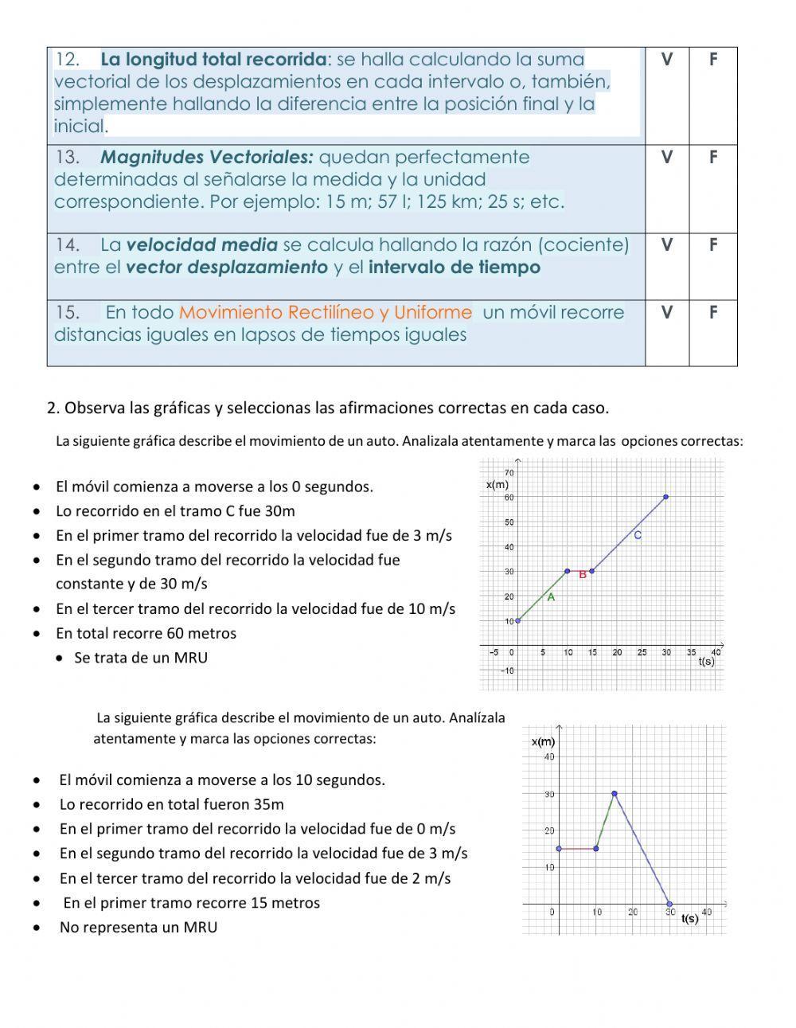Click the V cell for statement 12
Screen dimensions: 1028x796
pyautogui.click(x=666, y=60)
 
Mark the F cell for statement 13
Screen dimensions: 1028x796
pyautogui.click(x=712, y=158)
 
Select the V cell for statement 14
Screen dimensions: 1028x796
pyautogui.click(x=666, y=245)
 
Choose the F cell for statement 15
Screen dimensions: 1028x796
pyautogui.click(x=712, y=313)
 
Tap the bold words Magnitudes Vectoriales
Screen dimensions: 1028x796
pyautogui.click(x=207, y=158)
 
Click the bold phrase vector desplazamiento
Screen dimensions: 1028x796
pyautogui.click(x=227, y=268)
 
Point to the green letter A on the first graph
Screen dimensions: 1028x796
pyautogui.click(x=551, y=596)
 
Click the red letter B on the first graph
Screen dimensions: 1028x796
pyautogui.click(x=583, y=574)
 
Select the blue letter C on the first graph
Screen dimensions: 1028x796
pyautogui.click(x=638, y=536)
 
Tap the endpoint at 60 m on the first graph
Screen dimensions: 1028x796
pyautogui.click(x=666, y=497)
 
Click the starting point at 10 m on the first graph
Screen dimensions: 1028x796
pyautogui.click(x=518, y=620)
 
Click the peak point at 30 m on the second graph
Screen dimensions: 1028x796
pyautogui.click(x=615, y=794)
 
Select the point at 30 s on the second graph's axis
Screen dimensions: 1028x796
pyautogui.click(x=669, y=905)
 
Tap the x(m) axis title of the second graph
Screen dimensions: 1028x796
pyautogui.click(x=543, y=742)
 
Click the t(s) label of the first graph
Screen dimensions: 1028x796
pyautogui.click(x=706, y=662)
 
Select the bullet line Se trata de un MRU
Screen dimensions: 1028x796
pyautogui.click(x=141, y=658)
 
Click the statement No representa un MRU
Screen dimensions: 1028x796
pyautogui.click(x=139, y=928)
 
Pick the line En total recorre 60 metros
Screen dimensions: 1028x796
pyautogui.click(x=146, y=634)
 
